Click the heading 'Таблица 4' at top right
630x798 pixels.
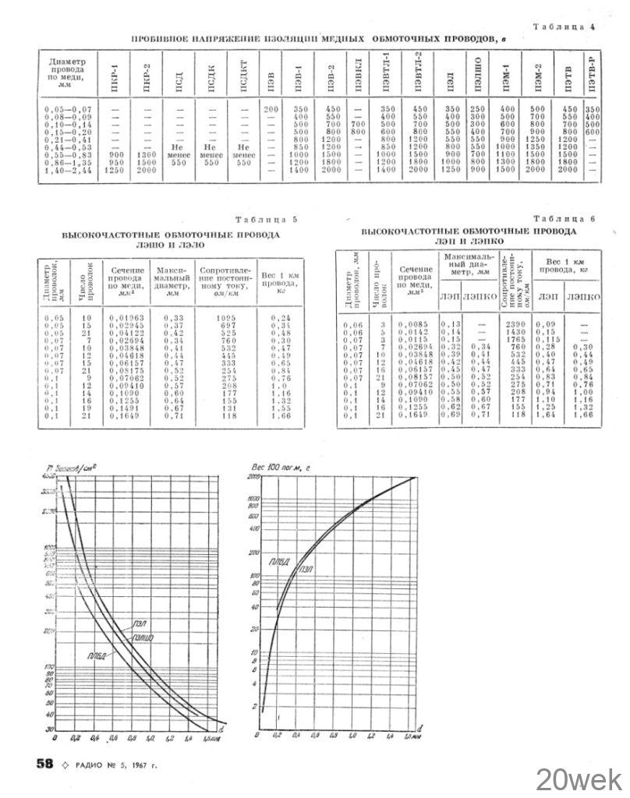coord(564,27)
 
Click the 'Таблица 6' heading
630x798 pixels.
coord(565,221)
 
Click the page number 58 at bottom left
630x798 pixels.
coord(44,764)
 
